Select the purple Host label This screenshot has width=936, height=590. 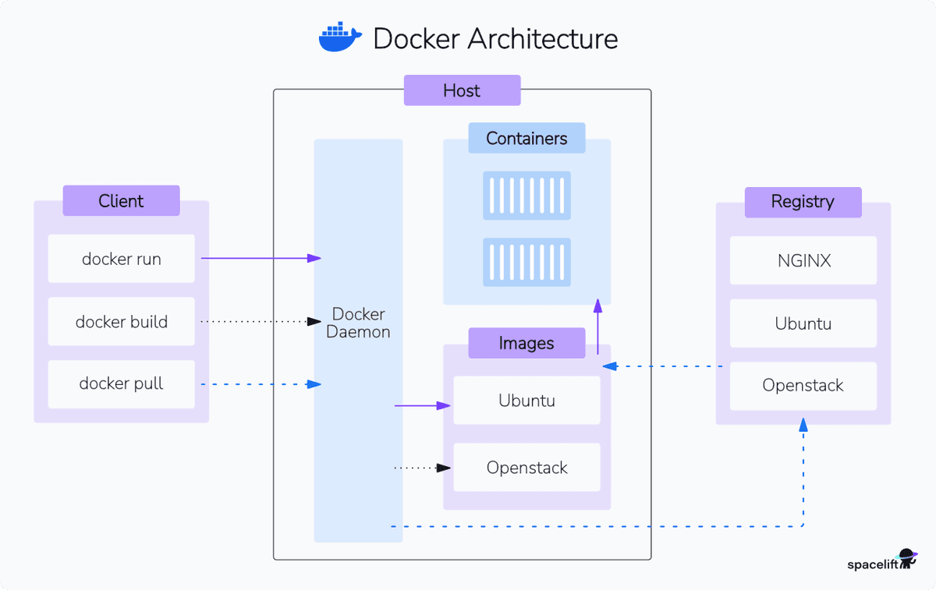462,90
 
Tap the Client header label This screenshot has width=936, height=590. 121,201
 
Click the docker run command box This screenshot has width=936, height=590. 121,259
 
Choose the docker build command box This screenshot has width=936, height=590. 121,322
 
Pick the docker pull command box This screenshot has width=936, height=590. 121,383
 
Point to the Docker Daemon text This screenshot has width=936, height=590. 358,323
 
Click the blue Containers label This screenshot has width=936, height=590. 526,139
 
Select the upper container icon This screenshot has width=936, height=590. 526,196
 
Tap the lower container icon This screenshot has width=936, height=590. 526,262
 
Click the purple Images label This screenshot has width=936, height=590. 526,343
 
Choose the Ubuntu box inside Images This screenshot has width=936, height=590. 526,401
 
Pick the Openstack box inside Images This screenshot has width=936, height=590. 526,468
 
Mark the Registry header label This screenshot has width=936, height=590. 803,202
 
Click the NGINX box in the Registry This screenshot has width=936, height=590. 803,260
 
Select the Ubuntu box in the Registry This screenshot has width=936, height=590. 803,323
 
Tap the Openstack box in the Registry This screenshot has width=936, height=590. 803,386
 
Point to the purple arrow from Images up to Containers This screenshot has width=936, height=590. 598,327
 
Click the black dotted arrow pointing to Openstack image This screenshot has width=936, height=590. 422,468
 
